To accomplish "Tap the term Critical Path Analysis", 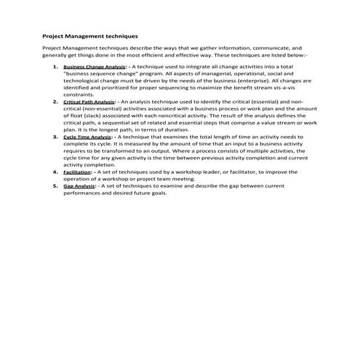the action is coord(89,101).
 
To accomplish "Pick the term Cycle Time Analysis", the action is coord(87,137).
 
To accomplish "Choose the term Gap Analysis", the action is coord(80,185).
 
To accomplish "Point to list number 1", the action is coord(55,66).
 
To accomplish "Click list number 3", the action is coord(55,137).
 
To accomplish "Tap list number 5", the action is coord(55,185).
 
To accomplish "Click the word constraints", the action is coord(79,95).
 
